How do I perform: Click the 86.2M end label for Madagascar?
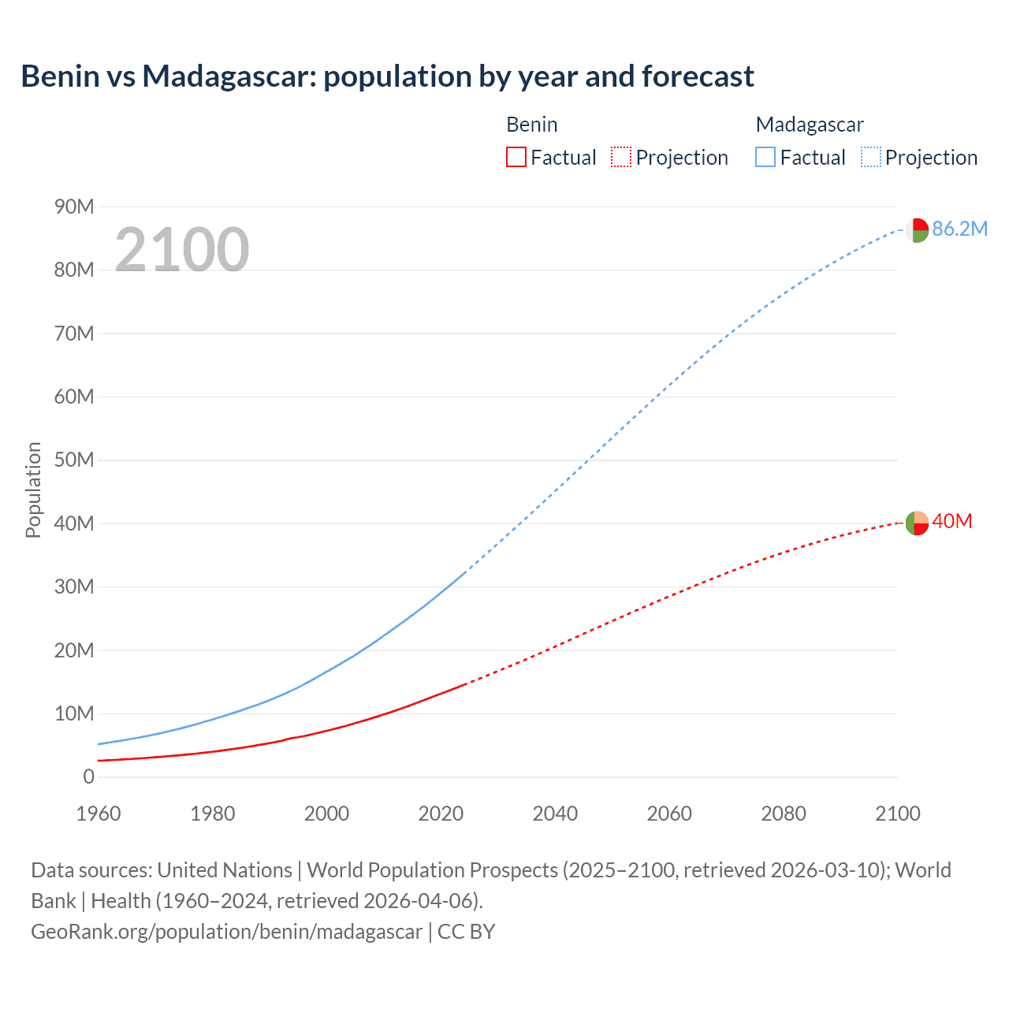tap(959, 229)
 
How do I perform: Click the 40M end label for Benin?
tap(951, 521)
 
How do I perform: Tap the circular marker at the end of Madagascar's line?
tap(916, 230)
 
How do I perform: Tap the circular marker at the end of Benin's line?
tap(916, 523)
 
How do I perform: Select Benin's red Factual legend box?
tap(516, 158)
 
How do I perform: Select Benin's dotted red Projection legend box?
tap(621, 158)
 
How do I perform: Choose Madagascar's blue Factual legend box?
tap(765, 158)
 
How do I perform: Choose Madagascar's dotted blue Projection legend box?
tap(871, 158)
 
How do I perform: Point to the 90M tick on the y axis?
tap(74, 207)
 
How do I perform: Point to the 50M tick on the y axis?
tap(74, 460)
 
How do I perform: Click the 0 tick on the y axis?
tap(88, 776)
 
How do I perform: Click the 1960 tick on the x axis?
tap(99, 814)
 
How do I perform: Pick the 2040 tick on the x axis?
tap(555, 814)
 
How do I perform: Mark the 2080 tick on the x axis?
tap(784, 814)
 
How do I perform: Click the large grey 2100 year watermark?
tap(182, 250)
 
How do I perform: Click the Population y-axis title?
tap(33, 490)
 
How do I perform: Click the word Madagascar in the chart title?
tap(229, 76)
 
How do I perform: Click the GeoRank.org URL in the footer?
tap(226, 931)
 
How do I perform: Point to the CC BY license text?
tap(466, 931)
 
